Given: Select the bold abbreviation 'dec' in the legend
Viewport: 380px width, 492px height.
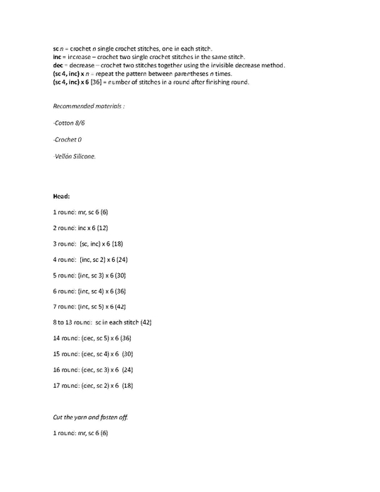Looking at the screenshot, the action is tap(58, 64).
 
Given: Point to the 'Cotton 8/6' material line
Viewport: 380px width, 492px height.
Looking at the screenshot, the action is tap(68, 122).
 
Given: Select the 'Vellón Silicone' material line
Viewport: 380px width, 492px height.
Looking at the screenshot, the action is tap(75, 156).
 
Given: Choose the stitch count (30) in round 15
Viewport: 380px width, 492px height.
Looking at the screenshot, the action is tap(127, 353).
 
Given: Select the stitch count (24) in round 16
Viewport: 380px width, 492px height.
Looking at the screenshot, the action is tap(127, 369).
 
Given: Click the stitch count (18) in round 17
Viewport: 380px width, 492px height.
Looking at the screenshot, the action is tap(127, 385).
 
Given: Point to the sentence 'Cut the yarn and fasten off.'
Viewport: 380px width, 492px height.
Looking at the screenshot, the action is tap(90, 417).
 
